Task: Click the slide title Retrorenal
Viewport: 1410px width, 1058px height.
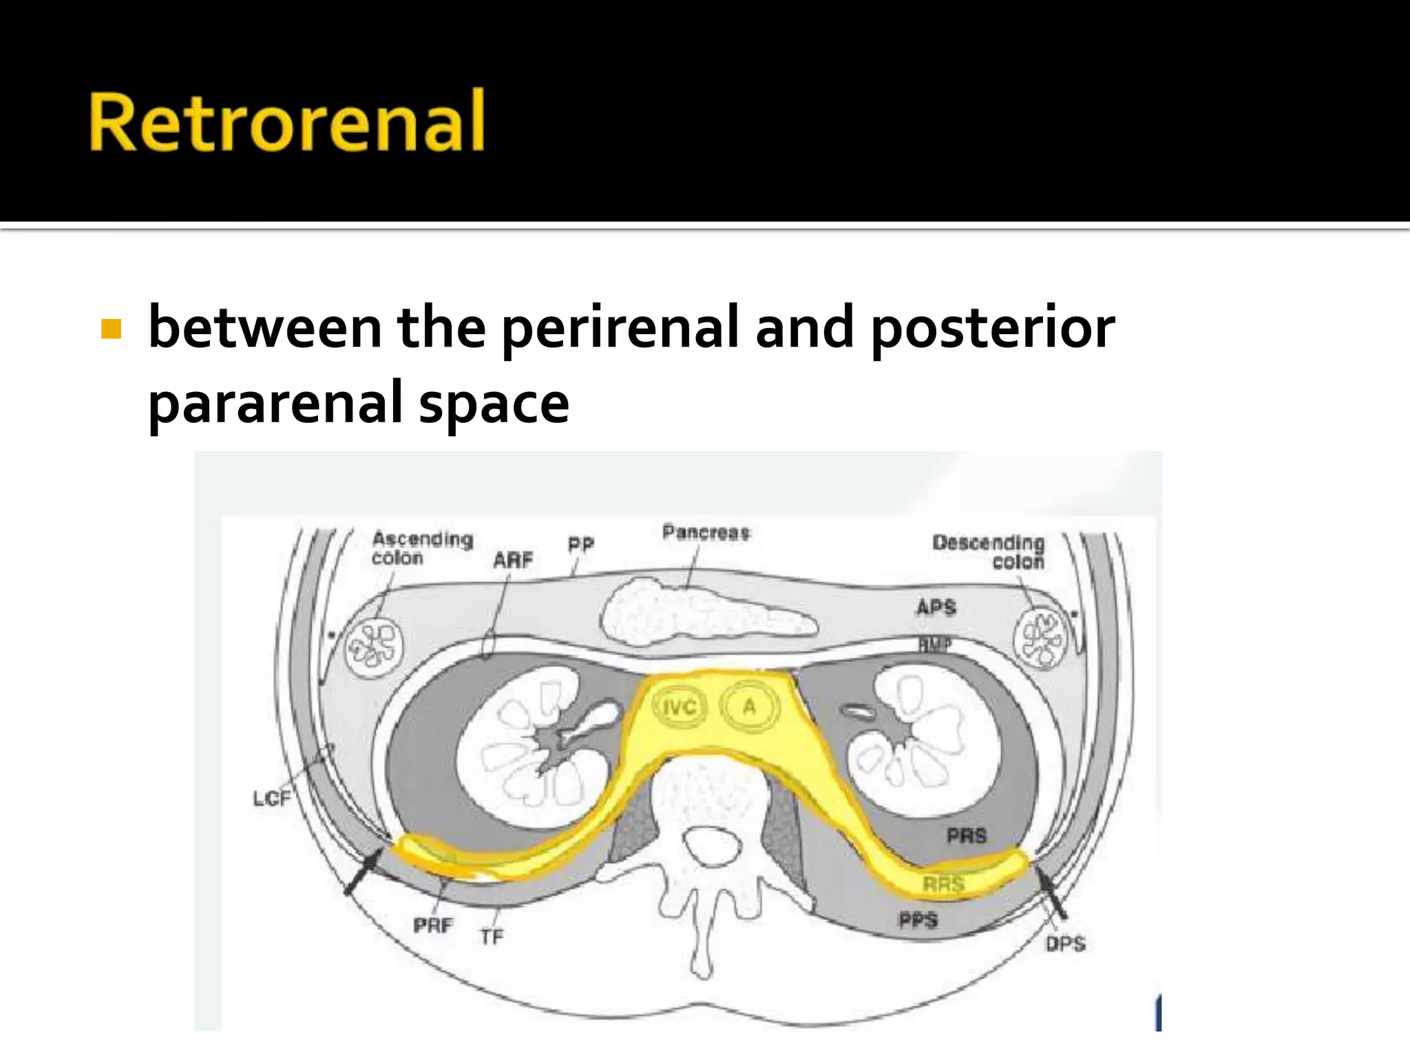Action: [287, 121]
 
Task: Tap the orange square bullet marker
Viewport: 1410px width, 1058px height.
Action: [111, 329]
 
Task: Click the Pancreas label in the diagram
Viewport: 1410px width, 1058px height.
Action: [706, 532]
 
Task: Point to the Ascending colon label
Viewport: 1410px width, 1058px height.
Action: [421, 548]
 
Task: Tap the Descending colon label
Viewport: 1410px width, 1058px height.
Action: [989, 552]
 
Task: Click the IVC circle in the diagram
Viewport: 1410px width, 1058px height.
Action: [679, 707]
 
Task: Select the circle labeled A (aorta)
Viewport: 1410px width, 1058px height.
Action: [749, 707]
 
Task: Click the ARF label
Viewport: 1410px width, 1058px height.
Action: [513, 561]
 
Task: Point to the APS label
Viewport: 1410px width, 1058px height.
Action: [936, 607]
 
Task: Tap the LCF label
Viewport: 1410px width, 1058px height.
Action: [272, 798]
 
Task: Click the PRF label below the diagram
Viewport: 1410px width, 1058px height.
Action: [433, 925]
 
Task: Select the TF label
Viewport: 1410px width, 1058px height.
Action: [492, 937]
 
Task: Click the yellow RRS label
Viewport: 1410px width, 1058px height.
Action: [943, 884]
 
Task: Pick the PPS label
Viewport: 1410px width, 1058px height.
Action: [918, 920]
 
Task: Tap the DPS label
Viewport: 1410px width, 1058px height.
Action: [1065, 944]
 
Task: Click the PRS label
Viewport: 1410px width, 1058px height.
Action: [967, 836]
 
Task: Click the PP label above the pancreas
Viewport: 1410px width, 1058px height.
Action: [580, 545]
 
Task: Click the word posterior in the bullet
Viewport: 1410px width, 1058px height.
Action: [993, 329]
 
